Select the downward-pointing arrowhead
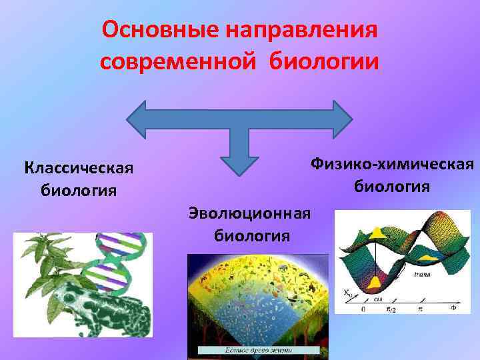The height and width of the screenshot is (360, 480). (x=239, y=163)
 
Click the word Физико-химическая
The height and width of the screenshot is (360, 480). (x=391, y=164)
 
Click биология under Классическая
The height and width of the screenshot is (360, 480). (x=79, y=191)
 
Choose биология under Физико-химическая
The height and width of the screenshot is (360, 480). (x=391, y=185)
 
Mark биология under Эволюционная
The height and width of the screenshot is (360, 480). (x=251, y=235)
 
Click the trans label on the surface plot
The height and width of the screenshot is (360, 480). (x=421, y=274)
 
